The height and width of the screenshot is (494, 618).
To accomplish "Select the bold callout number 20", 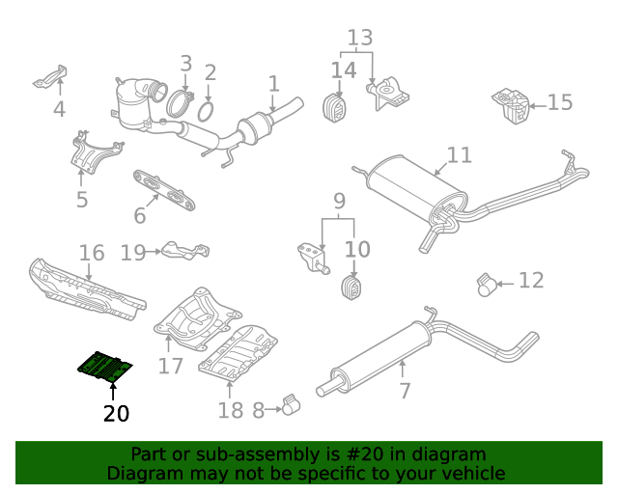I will (x=115, y=414).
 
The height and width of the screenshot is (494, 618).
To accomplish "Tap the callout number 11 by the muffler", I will (x=459, y=154).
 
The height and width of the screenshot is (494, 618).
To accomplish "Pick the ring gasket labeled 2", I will (x=206, y=112).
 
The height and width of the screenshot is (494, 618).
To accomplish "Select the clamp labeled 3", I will (x=179, y=103).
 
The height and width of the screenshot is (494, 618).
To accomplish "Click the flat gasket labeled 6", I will (x=164, y=188).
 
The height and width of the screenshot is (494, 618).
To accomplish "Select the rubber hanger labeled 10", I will (x=352, y=288).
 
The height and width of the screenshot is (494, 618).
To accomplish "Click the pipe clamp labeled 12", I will (x=488, y=284).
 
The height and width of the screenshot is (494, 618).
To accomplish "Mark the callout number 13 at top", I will (x=359, y=39).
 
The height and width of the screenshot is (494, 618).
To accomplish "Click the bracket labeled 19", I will (x=184, y=251).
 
